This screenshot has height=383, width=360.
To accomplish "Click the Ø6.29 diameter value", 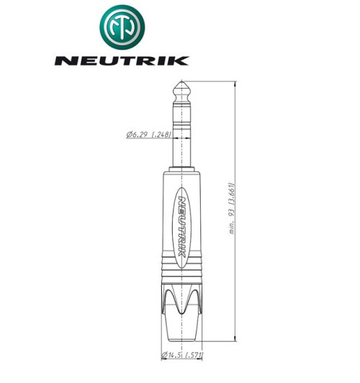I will click(x=137, y=135).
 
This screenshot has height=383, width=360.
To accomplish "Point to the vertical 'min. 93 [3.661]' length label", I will click(x=232, y=209).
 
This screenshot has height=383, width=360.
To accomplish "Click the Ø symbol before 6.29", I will click(x=127, y=135).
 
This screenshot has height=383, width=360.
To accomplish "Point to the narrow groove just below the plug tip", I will click(x=181, y=99).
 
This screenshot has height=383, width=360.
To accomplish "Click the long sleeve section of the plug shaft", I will click(x=181, y=140).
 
